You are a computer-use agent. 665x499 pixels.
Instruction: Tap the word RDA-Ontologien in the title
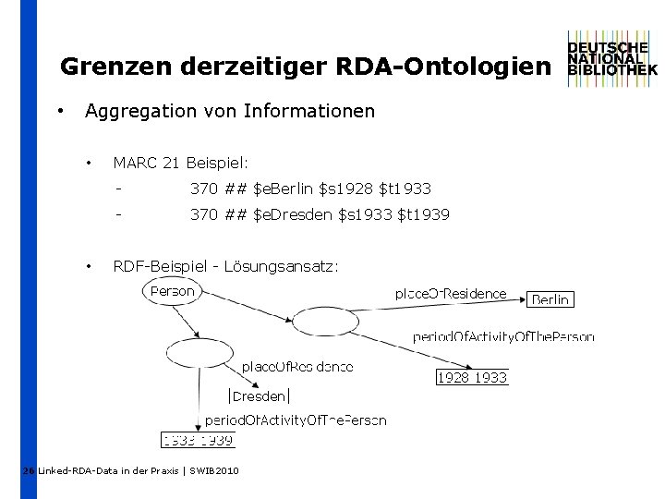pyautogui.click(x=443, y=67)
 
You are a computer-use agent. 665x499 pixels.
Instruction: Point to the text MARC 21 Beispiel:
pyautogui.click(x=180, y=164)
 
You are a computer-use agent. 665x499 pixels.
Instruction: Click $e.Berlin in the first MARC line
pyautogui.click(x=282, y=189)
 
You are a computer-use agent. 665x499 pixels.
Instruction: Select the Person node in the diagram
pyautogui.click(x=173, y=291)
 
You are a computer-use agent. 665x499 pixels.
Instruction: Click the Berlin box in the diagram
pyautogui.click(x=550, y=299)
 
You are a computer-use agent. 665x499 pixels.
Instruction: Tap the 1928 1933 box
pyautogui.click(x=472, y=377)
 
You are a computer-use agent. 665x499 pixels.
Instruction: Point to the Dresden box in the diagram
pyautogui.click(x=260, y=396)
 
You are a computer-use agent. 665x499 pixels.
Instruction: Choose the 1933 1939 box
pyautogui.click(x=198, y=440)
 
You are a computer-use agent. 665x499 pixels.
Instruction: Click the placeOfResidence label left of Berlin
pyautogui.click(x=451, y=294)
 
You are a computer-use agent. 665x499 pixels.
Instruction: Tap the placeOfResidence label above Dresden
pyautogui.click(x=297, y=367)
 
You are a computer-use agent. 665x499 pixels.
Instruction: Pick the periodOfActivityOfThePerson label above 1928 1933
pyautogui.click(x=503, y=337)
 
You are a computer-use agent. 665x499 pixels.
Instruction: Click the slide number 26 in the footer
pyautogui.click(x=29, y=471)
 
